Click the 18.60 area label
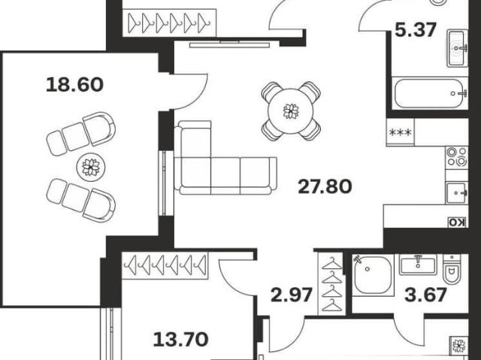[74, 85]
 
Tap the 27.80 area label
[325, 186]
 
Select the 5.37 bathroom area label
[416, 30]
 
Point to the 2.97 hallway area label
[292, 295]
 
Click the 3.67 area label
[425, 295]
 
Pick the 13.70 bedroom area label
[180, 340]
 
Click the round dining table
[291, 111]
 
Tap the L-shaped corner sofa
[225, 158]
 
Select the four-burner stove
[457, 157]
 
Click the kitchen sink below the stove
[457, 193]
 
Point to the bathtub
[430, 93]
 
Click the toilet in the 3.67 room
[452, 269]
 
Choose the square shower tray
[373, 275]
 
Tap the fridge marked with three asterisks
[401, 132]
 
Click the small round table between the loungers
[91, 168]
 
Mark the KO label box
[458, 222]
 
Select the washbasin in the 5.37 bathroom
[457, 48]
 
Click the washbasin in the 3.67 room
[418, 265]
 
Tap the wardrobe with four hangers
[332, 283]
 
